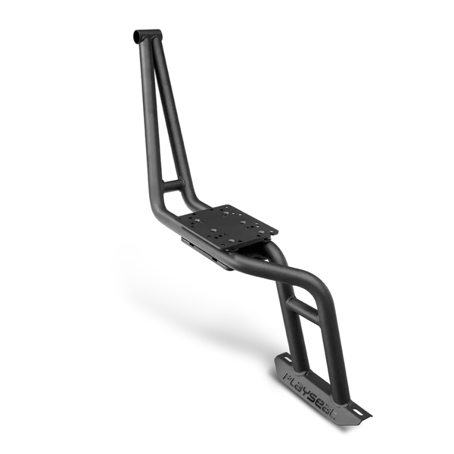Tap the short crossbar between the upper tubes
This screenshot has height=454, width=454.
(173, 184)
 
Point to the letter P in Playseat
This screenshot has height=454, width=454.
(288, 373)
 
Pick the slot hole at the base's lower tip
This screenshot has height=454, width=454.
(361, 413)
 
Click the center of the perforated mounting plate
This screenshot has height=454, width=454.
(226, 225)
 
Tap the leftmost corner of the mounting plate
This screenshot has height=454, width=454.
(176, 218)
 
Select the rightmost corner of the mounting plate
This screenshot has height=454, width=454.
(277, 229)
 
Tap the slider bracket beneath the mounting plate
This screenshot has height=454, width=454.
(204, 250)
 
